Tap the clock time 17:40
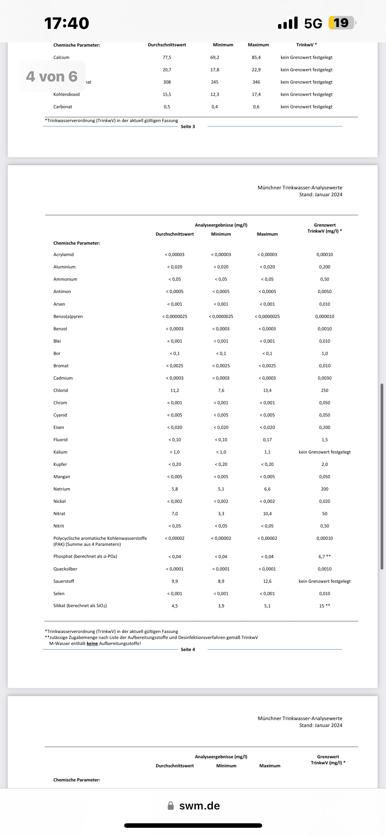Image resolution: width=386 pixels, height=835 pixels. [66, 23]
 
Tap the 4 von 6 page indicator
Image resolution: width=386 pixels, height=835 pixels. [52, 77]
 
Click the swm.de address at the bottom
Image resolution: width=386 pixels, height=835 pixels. [199, 806]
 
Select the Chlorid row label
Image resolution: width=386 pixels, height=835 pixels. [61, 390]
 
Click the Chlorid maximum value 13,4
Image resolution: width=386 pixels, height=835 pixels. [267, 390]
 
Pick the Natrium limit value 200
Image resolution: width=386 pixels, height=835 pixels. [324, 489]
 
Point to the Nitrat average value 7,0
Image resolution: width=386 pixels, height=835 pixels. [175, 513]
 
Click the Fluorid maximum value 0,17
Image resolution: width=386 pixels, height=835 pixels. [267, 439]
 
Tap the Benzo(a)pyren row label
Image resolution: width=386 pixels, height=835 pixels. [68, 317]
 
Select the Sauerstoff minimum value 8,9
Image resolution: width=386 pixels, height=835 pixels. [221, 581]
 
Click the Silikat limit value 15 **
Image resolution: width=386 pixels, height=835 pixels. [324, 606]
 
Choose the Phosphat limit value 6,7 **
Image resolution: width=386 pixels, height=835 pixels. [324, 557]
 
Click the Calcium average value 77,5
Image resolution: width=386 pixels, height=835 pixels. [167, 57]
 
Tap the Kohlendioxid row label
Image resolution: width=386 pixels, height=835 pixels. [66, 94]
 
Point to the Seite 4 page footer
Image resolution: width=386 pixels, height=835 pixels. [188, 649]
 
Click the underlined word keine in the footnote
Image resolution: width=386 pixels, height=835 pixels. [92, 644]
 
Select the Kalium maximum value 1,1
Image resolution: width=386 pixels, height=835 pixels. [267, 452]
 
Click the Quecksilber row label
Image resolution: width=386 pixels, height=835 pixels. [65, 569]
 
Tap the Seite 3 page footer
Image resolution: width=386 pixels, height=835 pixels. [188, 127]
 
